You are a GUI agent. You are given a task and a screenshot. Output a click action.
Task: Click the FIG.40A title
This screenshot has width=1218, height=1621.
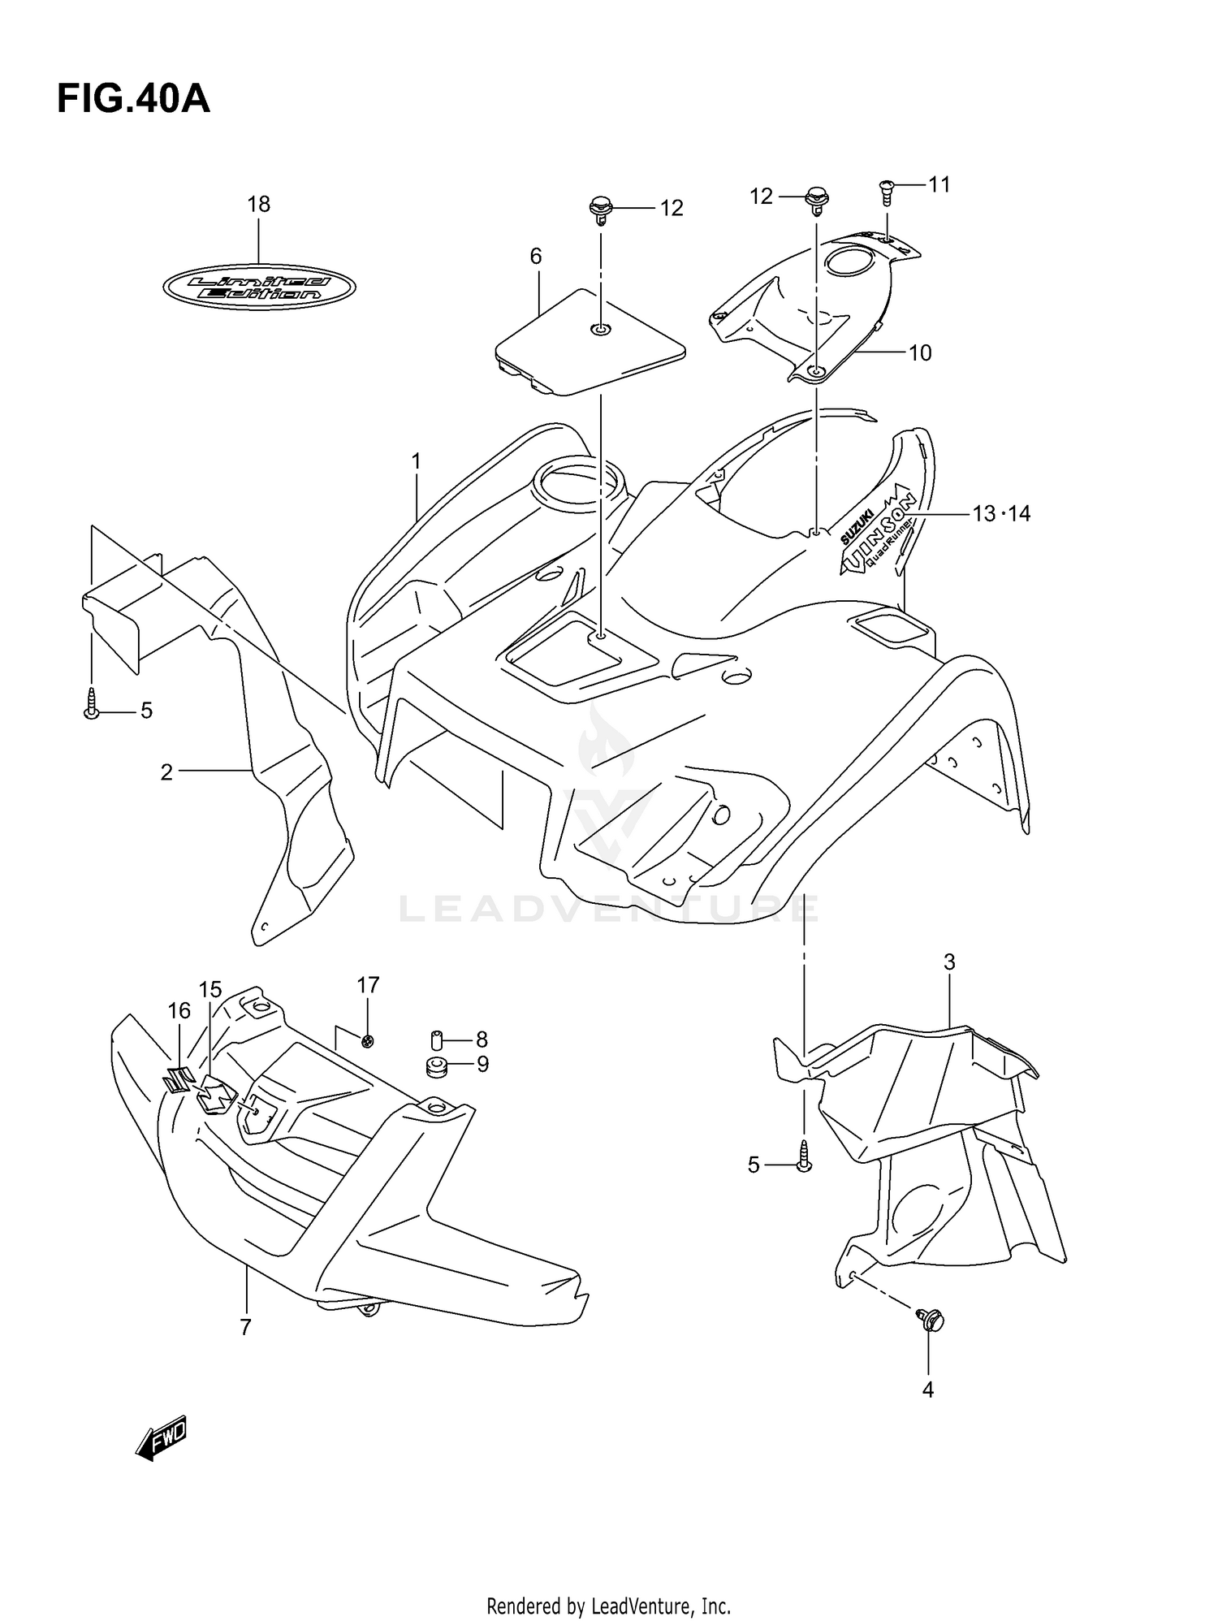(133, 100)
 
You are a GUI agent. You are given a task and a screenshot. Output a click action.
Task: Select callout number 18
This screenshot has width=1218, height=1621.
(258, 205)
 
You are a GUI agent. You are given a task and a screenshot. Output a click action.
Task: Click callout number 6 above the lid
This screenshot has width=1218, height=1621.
(536, 257)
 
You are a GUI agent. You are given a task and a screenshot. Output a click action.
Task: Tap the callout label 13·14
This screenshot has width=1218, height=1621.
(1000, 513)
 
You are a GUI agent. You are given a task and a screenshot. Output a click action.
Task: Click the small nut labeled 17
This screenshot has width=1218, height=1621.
(368, 1041)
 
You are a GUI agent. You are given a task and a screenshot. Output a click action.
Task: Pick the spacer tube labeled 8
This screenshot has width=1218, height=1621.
(435, 1040)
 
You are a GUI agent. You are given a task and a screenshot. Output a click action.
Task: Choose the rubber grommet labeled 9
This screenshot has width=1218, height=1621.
(437, 1066)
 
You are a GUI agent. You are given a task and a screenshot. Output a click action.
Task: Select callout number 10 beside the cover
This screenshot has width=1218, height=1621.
(920, 353)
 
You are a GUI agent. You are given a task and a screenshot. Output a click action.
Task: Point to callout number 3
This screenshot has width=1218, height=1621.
(949, 962)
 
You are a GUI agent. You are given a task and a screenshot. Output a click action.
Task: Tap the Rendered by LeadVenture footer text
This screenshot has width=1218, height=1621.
(608, 1606)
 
